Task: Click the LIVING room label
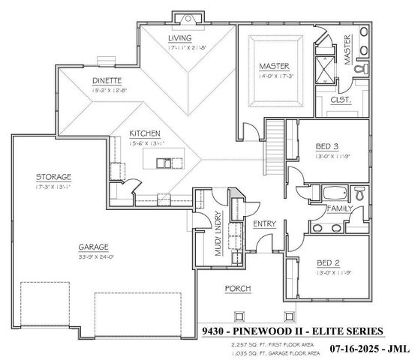tap(179, 38)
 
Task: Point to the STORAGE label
tap(53, 177)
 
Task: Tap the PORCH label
tap(237, 288)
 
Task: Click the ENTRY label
tap(264, 223)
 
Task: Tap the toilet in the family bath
tap(359, 193)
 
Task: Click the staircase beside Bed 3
tap(274, 145)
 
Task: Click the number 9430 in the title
tap(214, 331)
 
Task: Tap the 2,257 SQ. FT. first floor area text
tap(241, 343)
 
